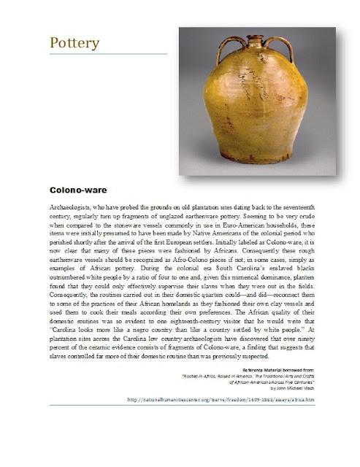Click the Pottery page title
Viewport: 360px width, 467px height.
(74, 43)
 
